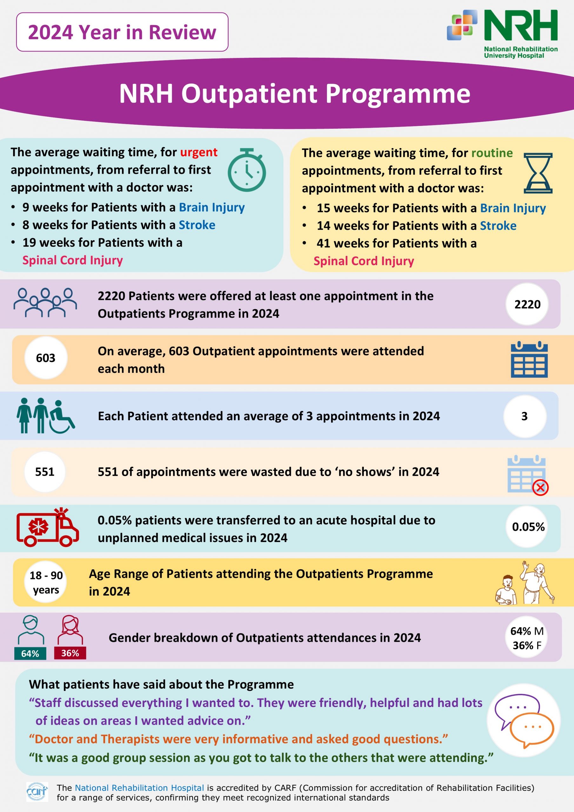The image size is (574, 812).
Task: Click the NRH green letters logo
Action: [x=521, y=25]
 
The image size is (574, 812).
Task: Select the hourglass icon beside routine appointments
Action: [x=538, y=173]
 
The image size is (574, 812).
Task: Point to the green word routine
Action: [x=492, y=153]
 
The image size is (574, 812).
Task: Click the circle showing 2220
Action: [x=527, y=304]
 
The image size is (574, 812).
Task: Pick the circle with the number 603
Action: [x=46, y=358]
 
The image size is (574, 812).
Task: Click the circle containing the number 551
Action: [x=45, y=472]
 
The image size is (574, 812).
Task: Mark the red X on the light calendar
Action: [x=540, y=488]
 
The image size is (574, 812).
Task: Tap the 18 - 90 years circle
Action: [x=46, y=582]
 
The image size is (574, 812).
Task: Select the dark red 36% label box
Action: [x=70, y=653]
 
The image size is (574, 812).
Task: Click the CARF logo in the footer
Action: [x=37, y=791]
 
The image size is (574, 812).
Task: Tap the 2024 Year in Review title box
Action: [x=122, y=32]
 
